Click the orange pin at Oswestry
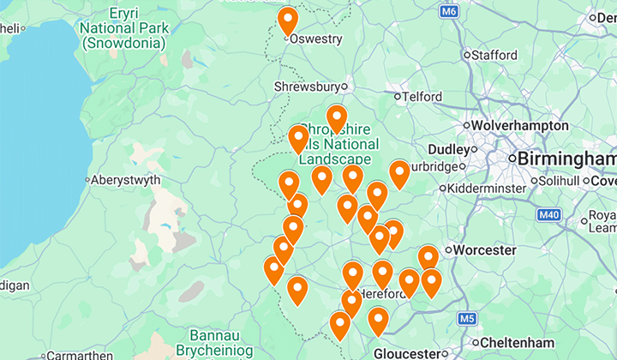pyautogui.click(x=288, y=20)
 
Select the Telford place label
pyautogui.click(x=422, y=97)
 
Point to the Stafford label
pyautogui.click(x=494, y=55)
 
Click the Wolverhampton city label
pyautogui.click(x=519, y=126)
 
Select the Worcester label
pyautogui.click(x=485, y=250)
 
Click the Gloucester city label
pyautogui.click(x=405, y=353)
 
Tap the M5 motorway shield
pyautogui.click(x=466, y=320)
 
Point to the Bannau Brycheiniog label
pyautogui.click(x=210, y=343)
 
